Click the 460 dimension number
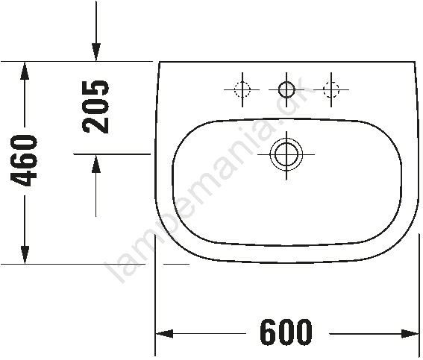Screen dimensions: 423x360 [24, 161]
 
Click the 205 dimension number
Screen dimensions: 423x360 [95, 107]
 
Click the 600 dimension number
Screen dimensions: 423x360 [286, 332]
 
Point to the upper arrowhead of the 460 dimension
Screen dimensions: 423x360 [25, 71]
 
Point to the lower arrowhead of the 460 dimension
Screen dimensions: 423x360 [25, 255]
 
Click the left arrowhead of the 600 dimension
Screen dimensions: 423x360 [165, 334]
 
